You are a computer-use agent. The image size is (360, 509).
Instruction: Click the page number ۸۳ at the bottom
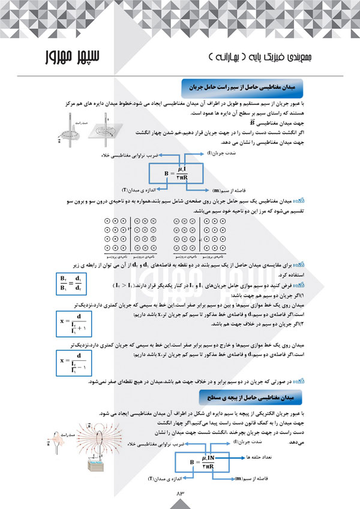click(x=179, y=492)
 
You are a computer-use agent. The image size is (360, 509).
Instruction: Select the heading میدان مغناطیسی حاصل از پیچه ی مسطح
click(x=246, y=397)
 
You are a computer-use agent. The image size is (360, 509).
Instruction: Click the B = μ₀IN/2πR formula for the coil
click(x=204, y=462)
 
